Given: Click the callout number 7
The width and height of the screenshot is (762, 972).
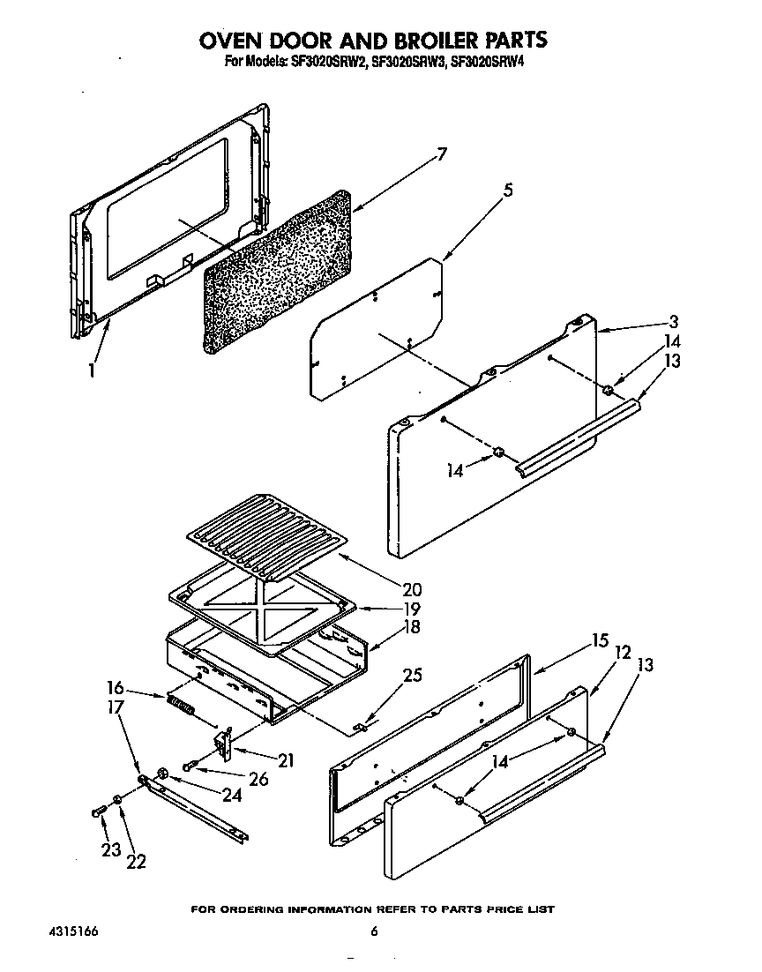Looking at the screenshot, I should [442, 155].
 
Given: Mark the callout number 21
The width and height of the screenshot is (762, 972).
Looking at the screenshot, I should [285, 759].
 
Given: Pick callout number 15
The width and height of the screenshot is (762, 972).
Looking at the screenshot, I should [600, 641].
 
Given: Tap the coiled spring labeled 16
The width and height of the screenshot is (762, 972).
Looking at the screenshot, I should [180, 707].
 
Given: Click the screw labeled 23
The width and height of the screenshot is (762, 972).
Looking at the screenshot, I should [98, 811].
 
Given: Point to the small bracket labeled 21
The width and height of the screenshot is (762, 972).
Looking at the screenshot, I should [224, 744].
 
